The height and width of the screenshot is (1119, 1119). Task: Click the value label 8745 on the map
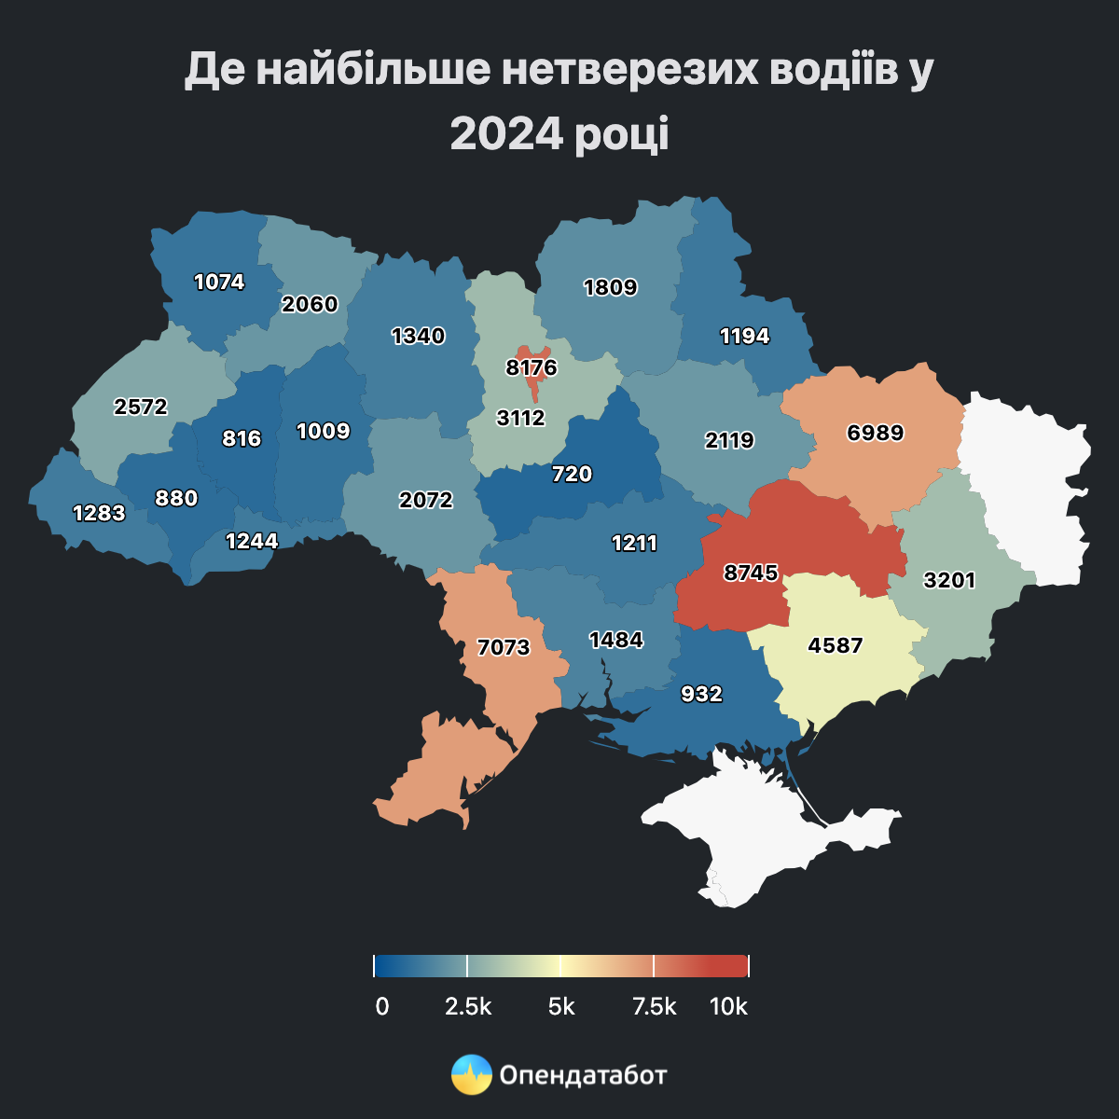751,573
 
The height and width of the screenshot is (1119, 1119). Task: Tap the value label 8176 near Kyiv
532,367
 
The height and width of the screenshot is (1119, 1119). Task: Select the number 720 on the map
572,474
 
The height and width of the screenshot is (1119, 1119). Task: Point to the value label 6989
875,433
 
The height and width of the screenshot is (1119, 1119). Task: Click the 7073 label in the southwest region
504,646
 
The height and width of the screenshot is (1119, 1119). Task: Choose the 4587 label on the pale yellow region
836,645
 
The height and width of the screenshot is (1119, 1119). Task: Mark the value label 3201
949,580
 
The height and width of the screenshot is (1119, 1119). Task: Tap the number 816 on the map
242,438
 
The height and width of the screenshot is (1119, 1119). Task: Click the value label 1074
219,282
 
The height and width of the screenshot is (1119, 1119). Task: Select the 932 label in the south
701,694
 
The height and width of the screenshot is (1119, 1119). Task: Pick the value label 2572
141,407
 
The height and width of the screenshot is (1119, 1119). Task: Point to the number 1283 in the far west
99,513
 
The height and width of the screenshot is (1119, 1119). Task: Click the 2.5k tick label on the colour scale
468,1007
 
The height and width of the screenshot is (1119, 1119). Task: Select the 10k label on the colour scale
728,1007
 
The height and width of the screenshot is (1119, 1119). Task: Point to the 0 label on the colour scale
382,1007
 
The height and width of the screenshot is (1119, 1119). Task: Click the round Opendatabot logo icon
471,1075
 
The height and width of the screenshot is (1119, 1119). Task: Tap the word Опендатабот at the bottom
584,1075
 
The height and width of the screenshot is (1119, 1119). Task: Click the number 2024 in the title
507,133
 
